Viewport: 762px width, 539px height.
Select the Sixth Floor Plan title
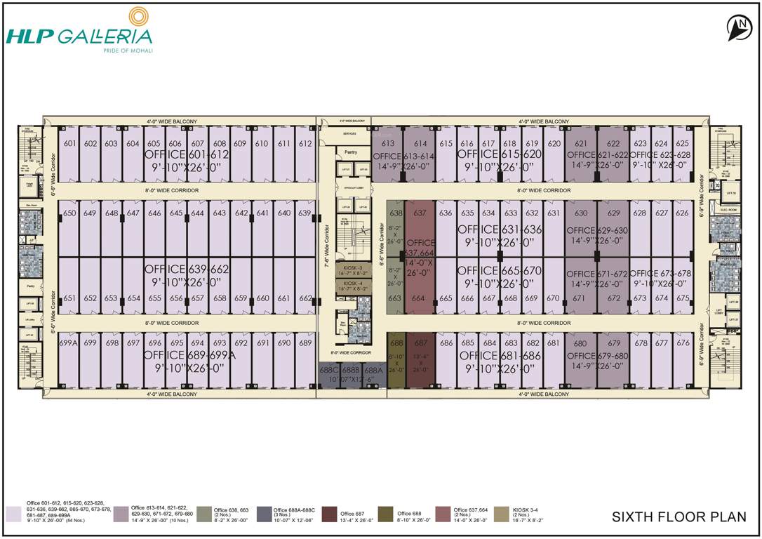[679, 517]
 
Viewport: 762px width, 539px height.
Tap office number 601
[69, 144]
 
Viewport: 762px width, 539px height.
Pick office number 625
[682, 144]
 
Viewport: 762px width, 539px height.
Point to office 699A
[68, 343]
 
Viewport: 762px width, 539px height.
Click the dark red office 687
[420, 343]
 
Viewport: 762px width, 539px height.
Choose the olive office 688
[396, 343]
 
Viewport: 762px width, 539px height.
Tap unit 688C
[328, 370]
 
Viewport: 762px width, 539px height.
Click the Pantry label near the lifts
[352, 152]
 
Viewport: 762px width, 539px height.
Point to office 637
[420, 213]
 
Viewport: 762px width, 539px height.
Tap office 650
[69, 213]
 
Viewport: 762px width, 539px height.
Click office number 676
[683, 343]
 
